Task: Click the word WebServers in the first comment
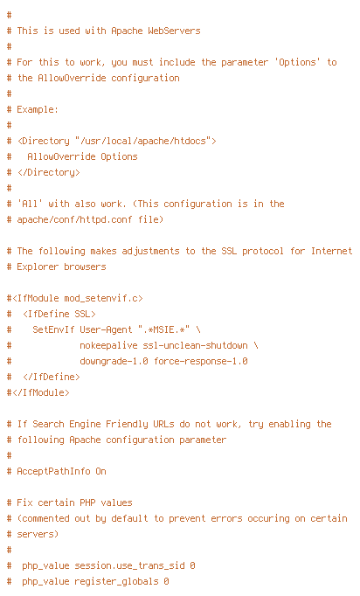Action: click(x=174, y=31)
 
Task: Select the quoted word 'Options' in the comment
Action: click(x=297, y=62)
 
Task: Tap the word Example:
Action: click(x=38, y=110)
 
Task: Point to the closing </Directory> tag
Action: click(x=49, y=172)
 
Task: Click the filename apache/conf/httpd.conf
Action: click(x=74, y=219)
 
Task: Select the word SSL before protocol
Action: click(x=229, y=252)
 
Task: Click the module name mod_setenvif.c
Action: click(x=100, y=298)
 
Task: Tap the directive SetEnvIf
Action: click(x=53, y=329)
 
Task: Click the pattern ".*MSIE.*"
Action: click(x=164, y=329)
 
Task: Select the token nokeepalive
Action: click(x=108, y=345)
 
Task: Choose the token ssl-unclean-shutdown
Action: click(x=196, y=345)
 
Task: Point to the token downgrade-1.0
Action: click(x=114, y=361)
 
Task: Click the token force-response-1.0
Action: click(x=201, y=361)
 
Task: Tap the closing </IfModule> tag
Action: click(x=40, y=392)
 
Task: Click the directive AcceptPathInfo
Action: click(x=53, y=471)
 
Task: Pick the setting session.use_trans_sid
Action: click(x=129, y=565)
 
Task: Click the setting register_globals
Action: click(x=116, y=581)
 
